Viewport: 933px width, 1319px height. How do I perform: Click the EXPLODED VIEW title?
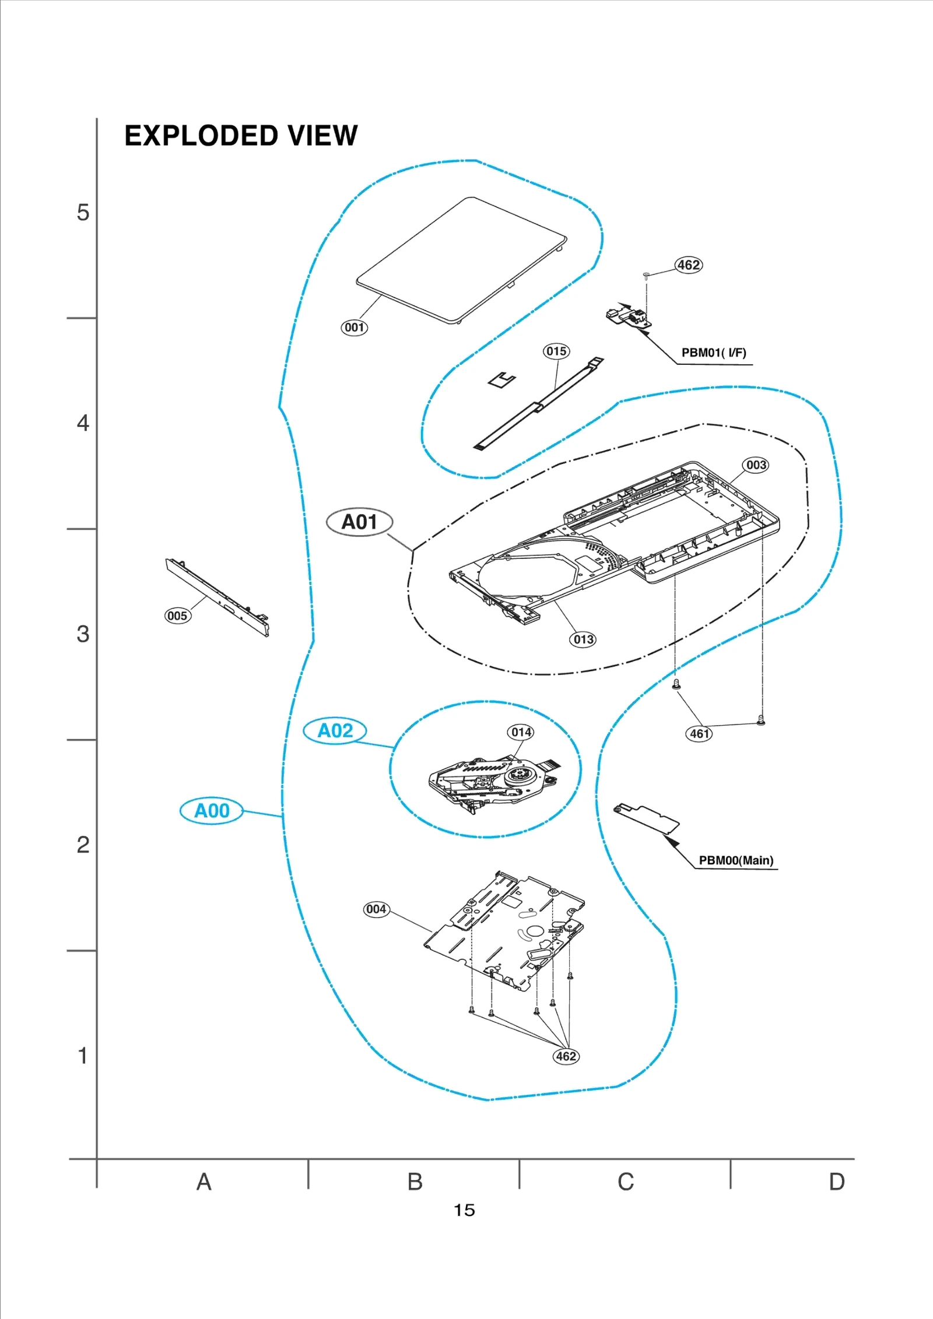coord(241,136)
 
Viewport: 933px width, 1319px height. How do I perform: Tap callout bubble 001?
coord(354,328)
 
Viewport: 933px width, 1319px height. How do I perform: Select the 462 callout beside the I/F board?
coord(689,265)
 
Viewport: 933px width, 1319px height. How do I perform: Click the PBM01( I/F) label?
coord(714,353)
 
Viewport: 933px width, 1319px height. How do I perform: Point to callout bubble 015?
coord(556,351)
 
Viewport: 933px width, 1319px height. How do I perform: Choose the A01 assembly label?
coord(359,522)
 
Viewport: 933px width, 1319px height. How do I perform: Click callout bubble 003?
coord(756,465)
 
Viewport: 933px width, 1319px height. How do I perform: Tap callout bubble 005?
coord(177,615)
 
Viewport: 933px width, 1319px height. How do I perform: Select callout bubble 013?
coord(583,639)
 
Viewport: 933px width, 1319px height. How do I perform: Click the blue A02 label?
coord(335,731)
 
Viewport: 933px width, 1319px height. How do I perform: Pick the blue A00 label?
coord(212,811)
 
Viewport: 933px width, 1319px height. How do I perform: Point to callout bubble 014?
coord(521,732)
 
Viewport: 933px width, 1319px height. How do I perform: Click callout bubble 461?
coord(699,734)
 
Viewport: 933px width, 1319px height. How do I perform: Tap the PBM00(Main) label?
coord(736,860)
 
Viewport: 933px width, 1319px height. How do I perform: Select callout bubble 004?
coord(376,909)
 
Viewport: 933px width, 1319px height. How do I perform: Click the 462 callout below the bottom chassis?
coord(566,1056)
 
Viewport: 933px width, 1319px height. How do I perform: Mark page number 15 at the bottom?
coord(465,1210)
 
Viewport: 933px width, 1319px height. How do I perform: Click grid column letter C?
coord(626,1181)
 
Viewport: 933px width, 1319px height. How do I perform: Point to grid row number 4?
coord(83,423)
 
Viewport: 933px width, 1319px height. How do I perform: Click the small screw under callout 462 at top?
coord(646,275)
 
